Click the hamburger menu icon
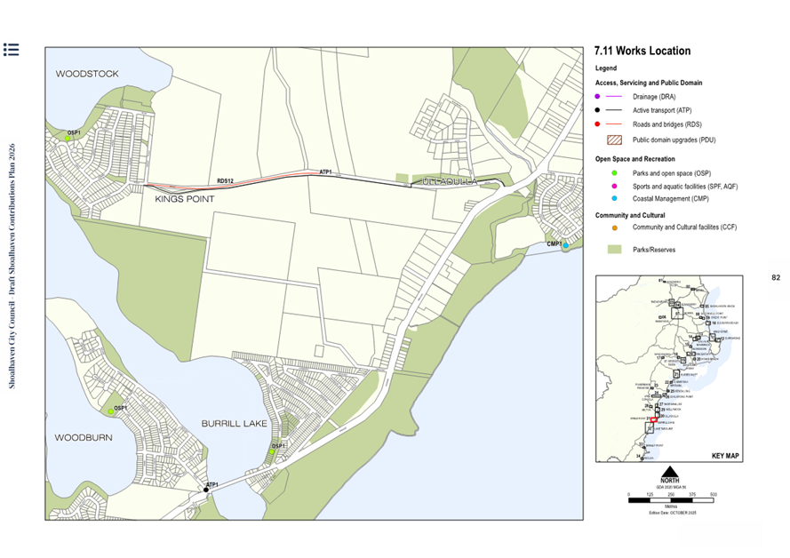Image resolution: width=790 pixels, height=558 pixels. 11,50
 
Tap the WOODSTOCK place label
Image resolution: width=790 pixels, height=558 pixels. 87,75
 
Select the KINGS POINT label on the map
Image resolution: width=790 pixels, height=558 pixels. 185,200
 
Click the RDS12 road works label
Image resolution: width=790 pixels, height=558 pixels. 225,181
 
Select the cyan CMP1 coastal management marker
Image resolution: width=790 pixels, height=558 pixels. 565,245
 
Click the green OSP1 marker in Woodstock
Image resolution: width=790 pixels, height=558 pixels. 67,139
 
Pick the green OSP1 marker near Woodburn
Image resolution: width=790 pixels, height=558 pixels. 111,411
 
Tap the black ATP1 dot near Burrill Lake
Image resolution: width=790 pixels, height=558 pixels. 206,489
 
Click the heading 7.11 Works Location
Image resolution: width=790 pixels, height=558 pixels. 642,52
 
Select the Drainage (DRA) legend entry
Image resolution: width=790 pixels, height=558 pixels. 651,96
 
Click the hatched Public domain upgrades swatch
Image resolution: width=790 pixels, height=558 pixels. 612,139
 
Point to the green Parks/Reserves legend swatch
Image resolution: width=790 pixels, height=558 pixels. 612,251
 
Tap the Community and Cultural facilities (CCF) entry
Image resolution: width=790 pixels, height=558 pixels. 684,227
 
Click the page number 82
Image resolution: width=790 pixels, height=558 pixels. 775,278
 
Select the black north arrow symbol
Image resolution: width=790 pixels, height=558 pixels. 671,470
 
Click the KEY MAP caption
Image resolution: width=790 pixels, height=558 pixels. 725,455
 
